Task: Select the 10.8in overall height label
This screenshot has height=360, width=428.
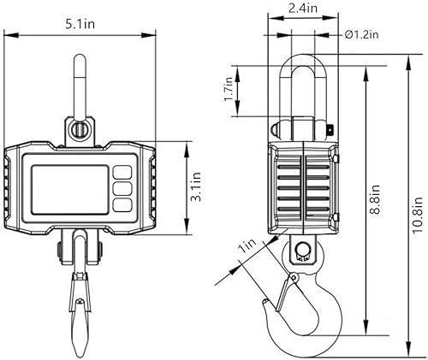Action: click(416, 216)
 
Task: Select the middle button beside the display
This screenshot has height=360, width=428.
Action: click(122, 186)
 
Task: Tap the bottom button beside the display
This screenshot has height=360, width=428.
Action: click(122, 204)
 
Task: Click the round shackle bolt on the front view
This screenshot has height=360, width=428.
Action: click(79, 131)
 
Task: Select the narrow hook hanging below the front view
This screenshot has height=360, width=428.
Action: click(79, 308)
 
